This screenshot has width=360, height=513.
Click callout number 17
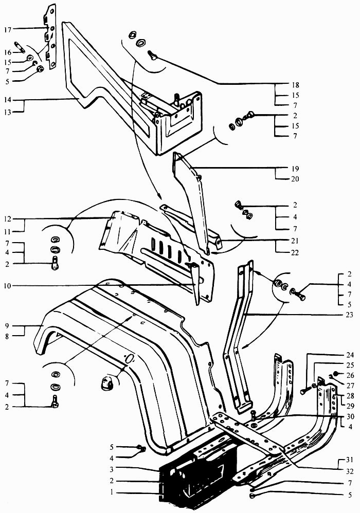pos(8,30)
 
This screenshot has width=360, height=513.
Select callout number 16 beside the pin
pos(8,52)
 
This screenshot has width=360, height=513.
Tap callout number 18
pos(295,85)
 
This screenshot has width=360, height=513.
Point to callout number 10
pos(8,286)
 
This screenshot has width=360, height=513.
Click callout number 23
pos(350,315)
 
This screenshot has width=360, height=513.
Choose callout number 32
pos(350,471)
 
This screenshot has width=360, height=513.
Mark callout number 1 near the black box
pos(112,492)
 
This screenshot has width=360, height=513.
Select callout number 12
pos(8,219)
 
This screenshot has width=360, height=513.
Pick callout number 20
pos(295,179)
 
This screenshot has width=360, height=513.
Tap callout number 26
pos(350,375)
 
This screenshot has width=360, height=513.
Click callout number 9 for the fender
pos(7,326)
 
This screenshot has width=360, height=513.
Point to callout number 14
pos(8,100)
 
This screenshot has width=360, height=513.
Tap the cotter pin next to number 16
pos(19,47)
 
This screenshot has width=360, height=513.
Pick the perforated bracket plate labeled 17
pos(50,36)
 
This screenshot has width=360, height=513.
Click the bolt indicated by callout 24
pos(305,390)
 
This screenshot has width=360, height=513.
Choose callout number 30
pos(350,416)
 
